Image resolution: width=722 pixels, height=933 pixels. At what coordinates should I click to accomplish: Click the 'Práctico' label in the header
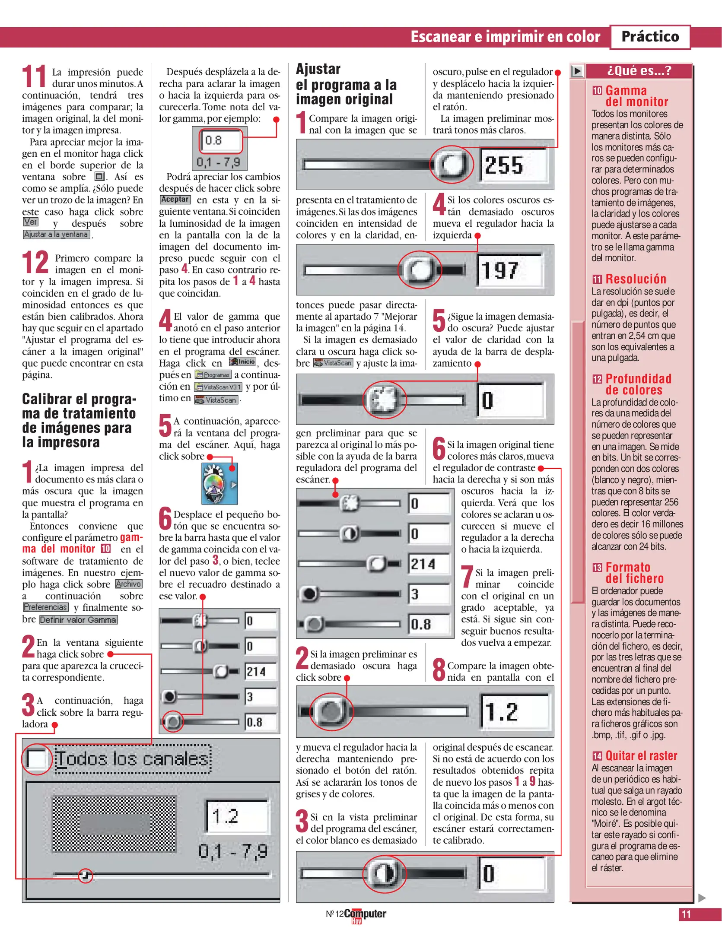649,37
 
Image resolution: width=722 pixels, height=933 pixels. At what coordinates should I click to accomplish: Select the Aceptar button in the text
175,200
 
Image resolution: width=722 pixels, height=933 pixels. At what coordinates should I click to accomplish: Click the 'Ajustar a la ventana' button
56,235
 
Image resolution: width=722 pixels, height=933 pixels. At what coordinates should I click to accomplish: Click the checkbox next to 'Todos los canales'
36,759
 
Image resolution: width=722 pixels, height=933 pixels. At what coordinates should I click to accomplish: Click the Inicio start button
242,362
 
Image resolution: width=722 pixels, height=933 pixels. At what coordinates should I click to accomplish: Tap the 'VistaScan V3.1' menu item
218,387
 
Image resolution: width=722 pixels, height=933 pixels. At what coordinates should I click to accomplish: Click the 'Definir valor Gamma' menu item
78,620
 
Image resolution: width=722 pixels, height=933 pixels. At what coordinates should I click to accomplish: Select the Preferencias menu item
45,607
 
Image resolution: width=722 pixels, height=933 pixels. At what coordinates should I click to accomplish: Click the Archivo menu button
129,584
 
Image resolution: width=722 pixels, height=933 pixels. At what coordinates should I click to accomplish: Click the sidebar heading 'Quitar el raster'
641,756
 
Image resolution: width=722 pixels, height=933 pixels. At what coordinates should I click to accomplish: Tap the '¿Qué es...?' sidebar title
639,71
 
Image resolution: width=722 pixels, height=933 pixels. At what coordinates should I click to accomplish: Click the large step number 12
35,263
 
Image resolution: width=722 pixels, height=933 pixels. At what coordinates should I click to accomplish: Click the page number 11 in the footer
686,914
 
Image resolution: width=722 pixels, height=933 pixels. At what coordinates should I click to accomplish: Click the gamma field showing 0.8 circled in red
221,140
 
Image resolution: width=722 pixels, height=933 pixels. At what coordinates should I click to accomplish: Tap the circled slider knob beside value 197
419,270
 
